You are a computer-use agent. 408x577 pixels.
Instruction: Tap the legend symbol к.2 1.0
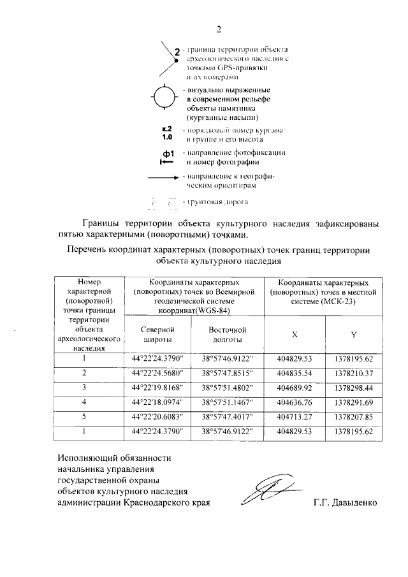click(167, 133)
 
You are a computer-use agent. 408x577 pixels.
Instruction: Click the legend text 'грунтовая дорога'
click(216, 202)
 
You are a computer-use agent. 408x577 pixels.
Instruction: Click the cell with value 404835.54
click(294, 372)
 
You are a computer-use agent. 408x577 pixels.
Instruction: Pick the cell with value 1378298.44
click(353, 386)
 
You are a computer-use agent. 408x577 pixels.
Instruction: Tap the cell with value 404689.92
click(294, 386)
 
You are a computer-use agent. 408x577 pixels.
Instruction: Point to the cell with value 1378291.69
click(353, 402)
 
